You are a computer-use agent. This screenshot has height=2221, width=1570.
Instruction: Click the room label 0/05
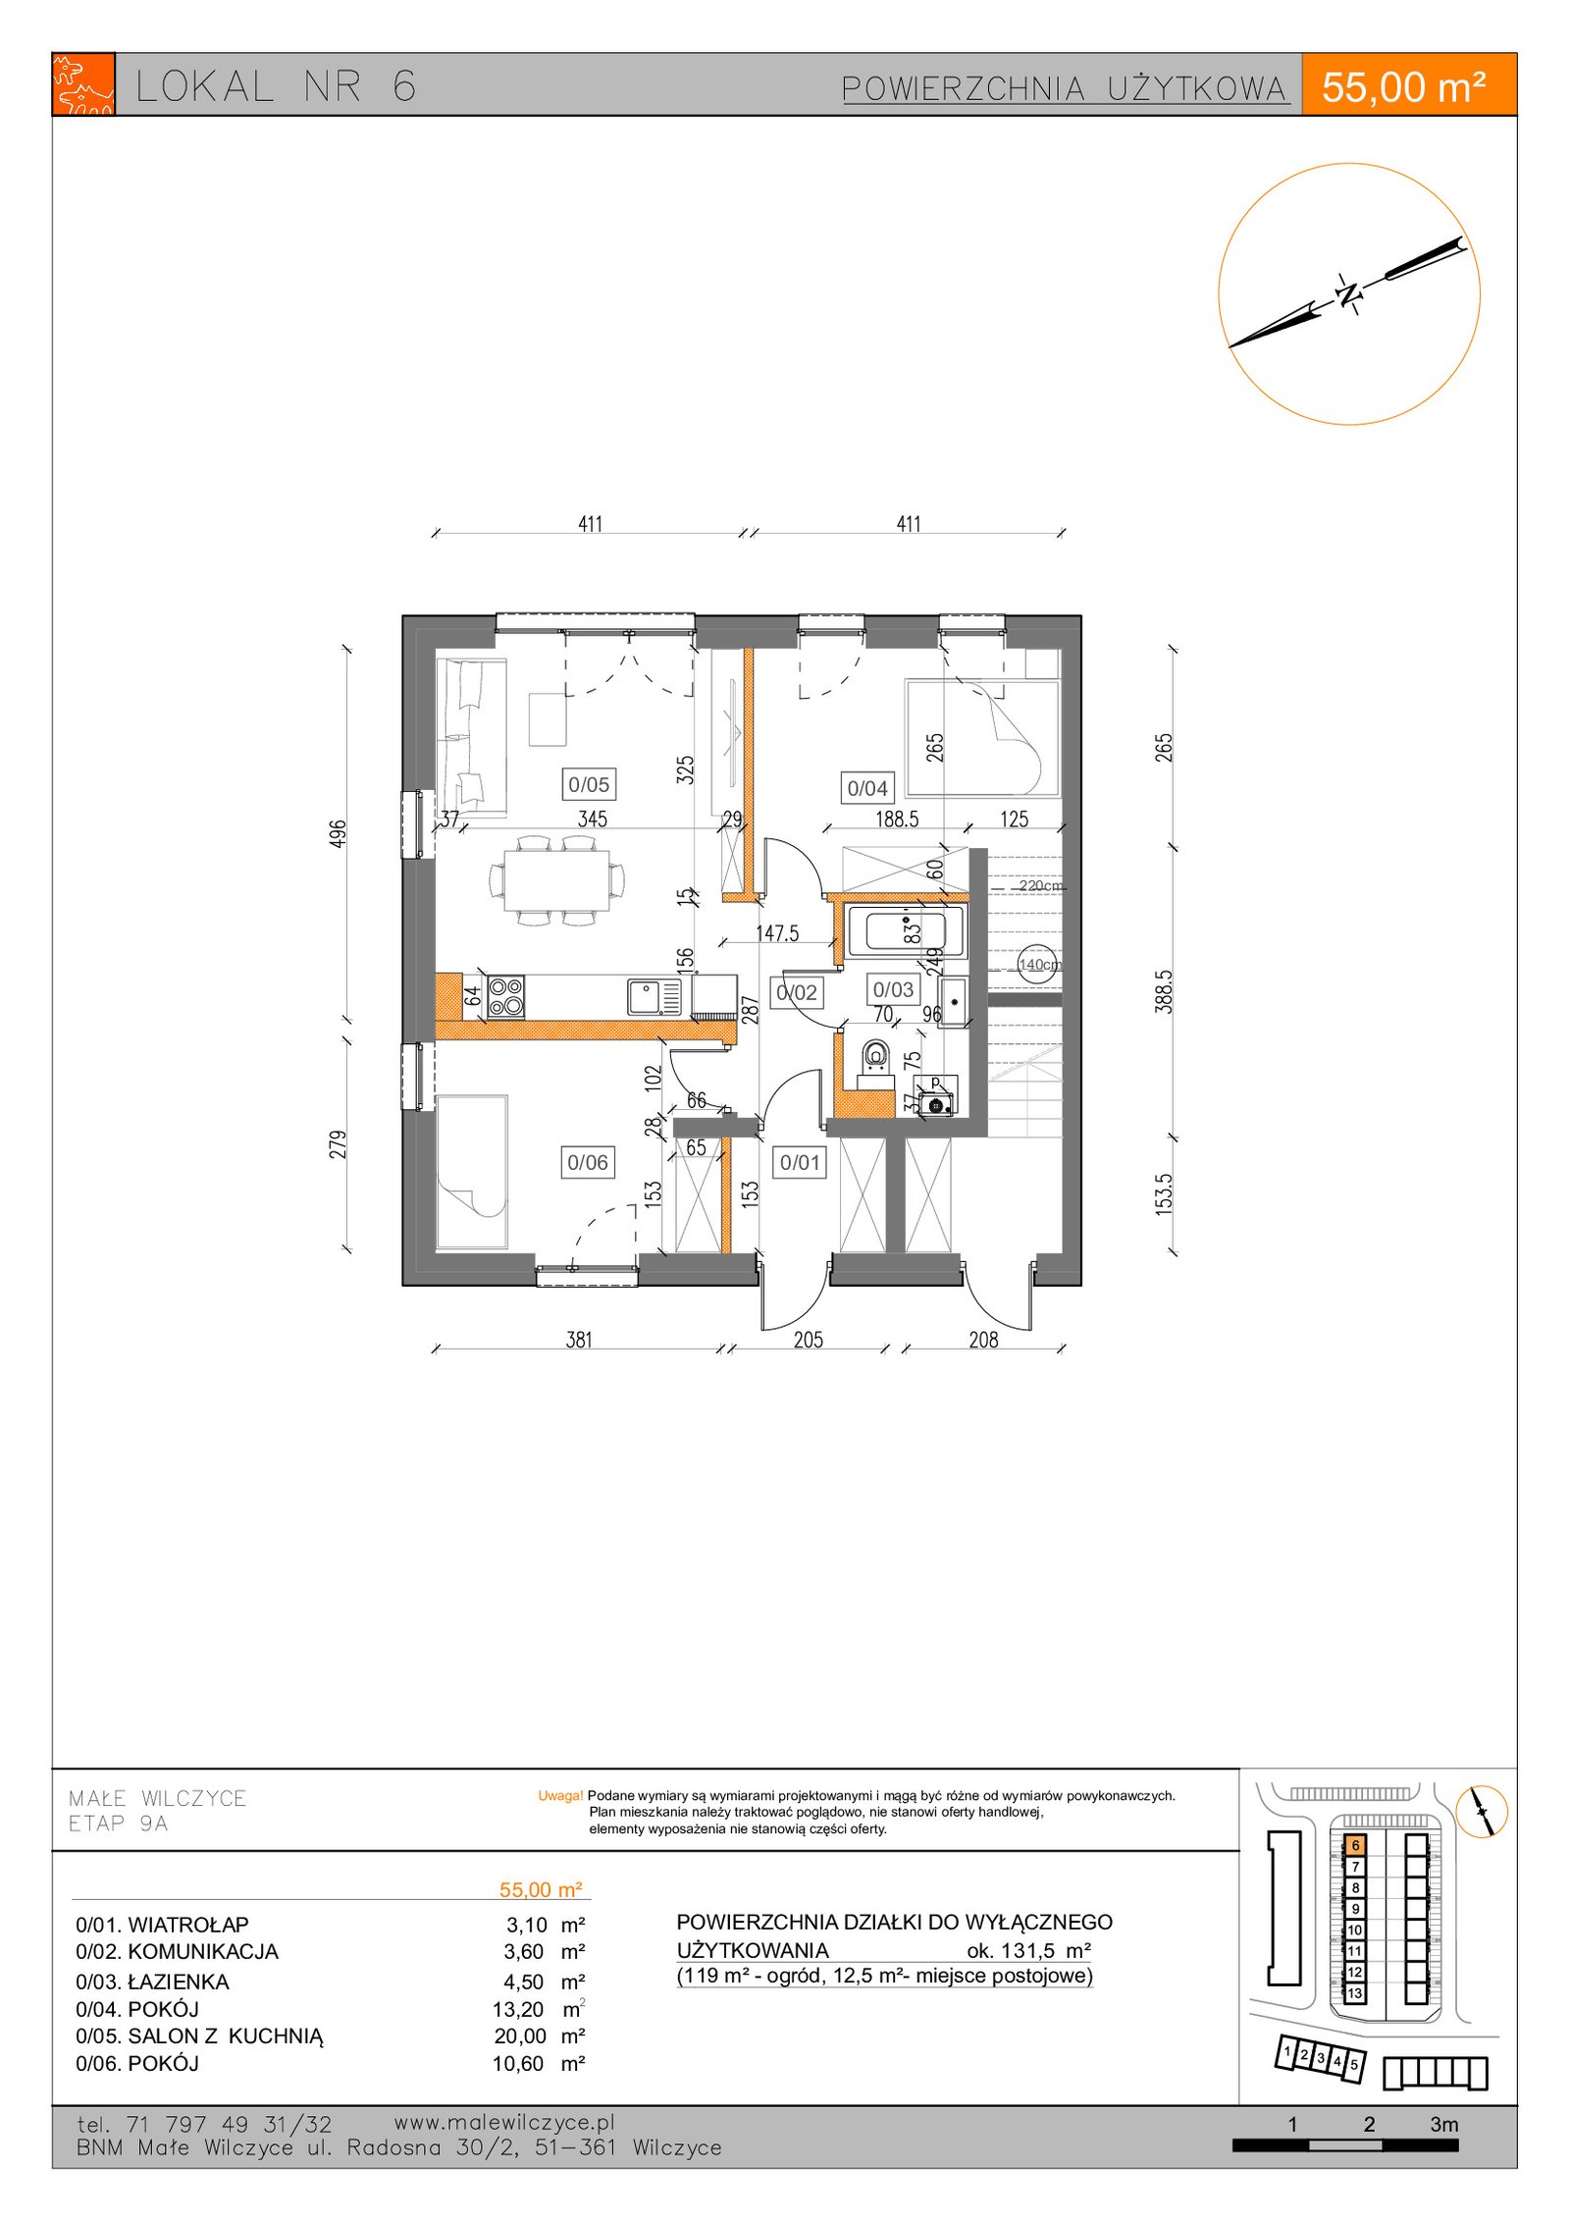click(x=589, y=784)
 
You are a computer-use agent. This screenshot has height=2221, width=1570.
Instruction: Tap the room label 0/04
click(x=867, y=788)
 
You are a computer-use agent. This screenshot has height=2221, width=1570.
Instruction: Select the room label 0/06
click(x=588, y=1162)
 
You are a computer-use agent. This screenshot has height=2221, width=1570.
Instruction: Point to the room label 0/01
click(x=800, y=1162)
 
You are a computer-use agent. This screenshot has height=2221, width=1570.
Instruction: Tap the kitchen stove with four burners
click(x=505, y=996)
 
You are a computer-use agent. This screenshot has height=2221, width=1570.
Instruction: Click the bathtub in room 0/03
click(x=906, y=929)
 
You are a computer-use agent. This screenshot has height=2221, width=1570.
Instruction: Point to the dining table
click(x=557, y=879)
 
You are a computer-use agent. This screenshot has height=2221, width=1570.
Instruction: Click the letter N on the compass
click(x=1350, y=292)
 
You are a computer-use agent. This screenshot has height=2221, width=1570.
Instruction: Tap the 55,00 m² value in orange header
click(x=1403, y=87)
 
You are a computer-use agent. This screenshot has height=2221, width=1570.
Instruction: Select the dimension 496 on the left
click(x=338, y=834)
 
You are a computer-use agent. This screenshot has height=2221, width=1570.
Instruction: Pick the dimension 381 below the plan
click(x=579, y=1340)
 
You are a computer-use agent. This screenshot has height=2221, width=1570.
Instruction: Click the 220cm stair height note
click(x=1040, y=885)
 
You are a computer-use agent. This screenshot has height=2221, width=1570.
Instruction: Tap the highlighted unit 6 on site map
click(x=1355, y=1845)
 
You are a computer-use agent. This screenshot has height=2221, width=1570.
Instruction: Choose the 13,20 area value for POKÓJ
click(x=518, y=2009)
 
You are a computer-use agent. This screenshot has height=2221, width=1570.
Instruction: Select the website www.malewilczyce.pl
click(x=504, y=2122)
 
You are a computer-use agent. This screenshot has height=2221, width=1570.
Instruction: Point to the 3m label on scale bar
click(x=1443, y=2124)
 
